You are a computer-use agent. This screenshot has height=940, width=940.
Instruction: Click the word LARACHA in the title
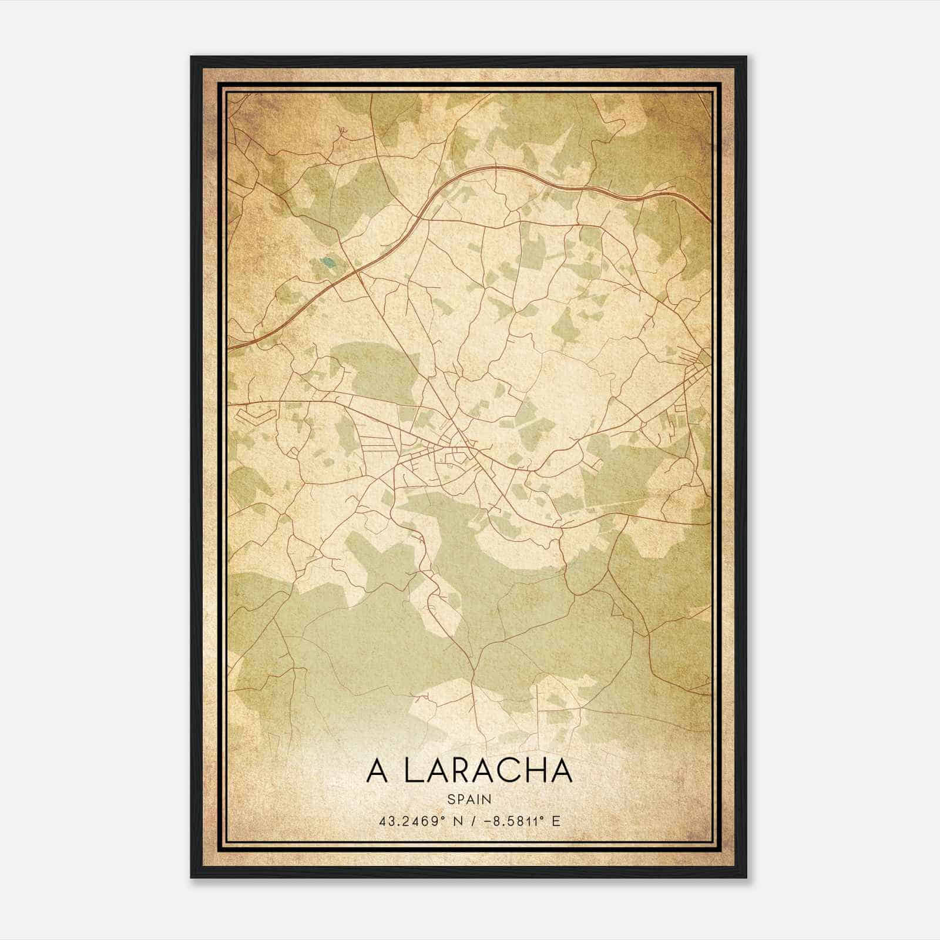[488, 771]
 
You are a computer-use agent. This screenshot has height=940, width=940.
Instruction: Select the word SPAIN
[469, 800]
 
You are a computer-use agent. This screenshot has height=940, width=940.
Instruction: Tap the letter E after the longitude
[556, 821]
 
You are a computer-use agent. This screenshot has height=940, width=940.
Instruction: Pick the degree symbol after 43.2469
[444, 817]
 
